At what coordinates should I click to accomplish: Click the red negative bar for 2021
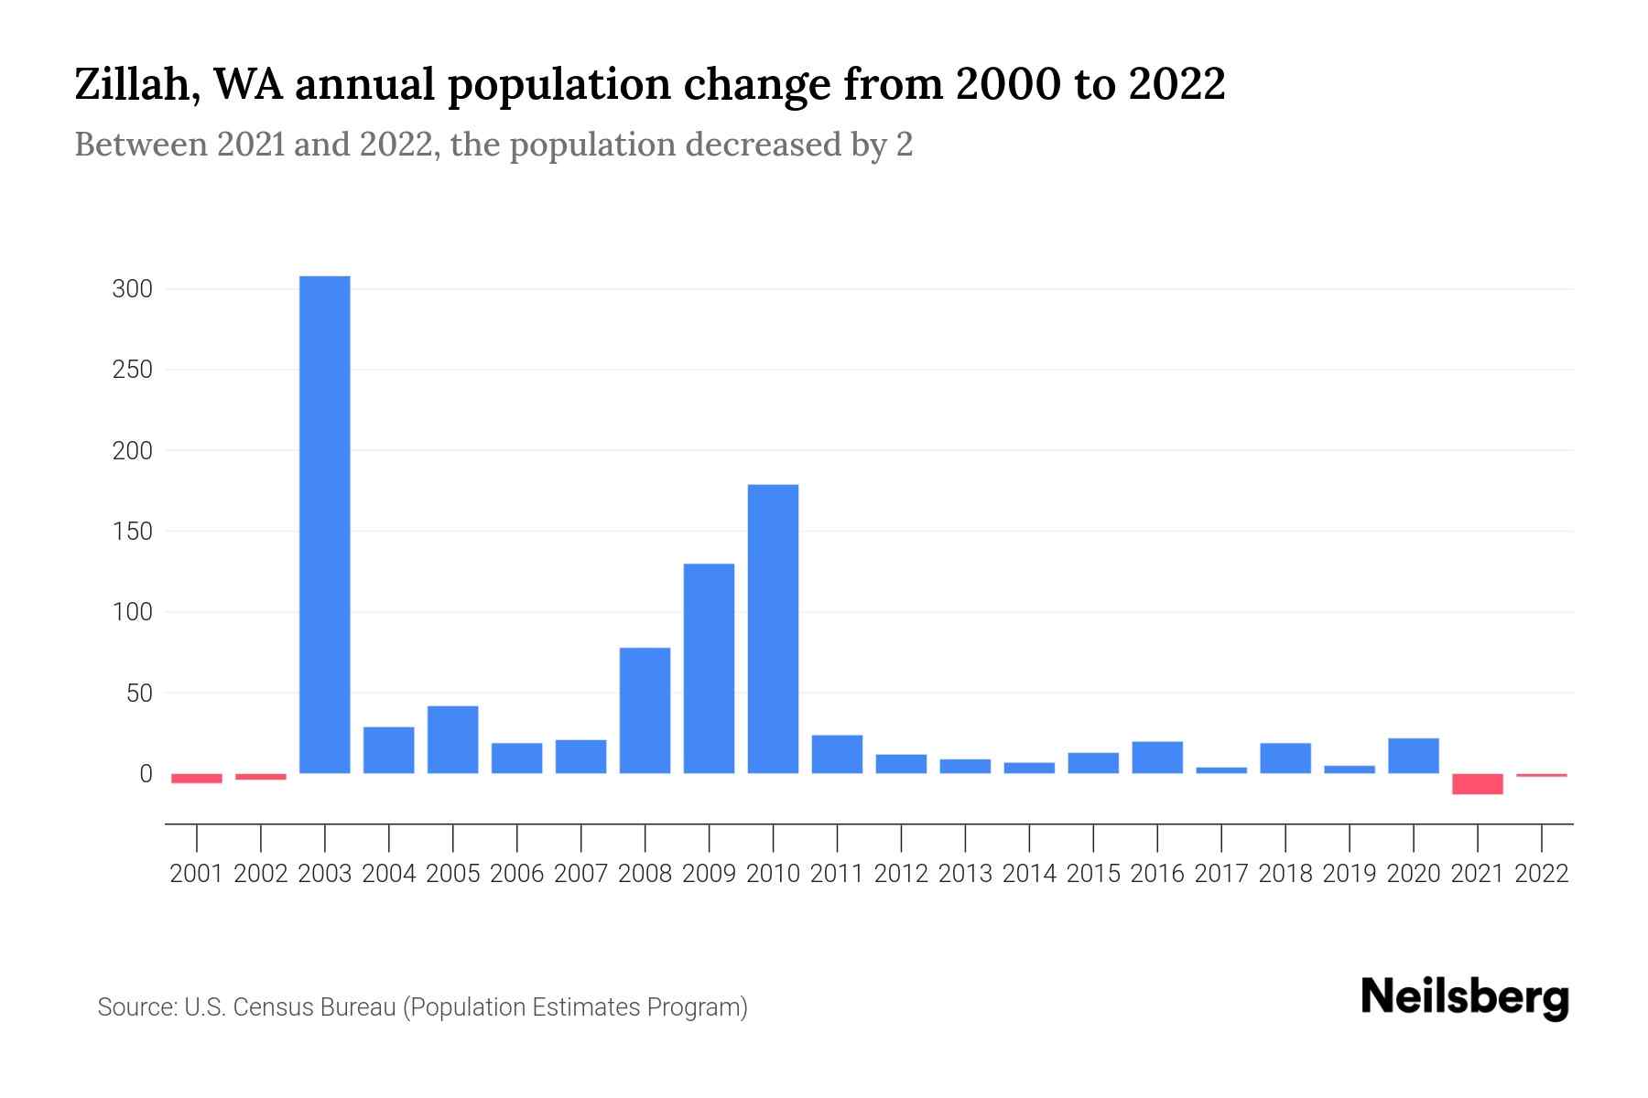tap(1477, 784)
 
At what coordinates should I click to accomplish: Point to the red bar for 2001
tap(197, 779)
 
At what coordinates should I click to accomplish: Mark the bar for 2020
tap(1413, 756)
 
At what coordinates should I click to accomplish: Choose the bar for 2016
tap(1157, 758)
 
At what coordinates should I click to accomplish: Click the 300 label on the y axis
tap(132, 290)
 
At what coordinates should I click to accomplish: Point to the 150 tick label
tap(132, 532)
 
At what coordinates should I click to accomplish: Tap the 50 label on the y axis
tap(138, 694)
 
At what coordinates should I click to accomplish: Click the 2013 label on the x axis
tap(965, 874)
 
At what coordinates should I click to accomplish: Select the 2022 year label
tap(1542, 874)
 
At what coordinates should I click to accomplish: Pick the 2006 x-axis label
tap(516, 874)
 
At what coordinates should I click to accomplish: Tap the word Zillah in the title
tap(135, 85)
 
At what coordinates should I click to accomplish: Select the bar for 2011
tap(837, 754)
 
